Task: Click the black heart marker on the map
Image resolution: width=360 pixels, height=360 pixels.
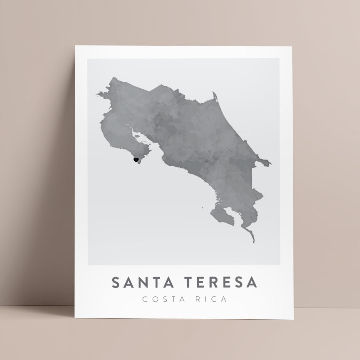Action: click(136, 160)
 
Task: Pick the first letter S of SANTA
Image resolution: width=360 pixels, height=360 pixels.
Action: click(116, 282)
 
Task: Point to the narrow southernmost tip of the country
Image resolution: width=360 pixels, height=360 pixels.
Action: click(253, 242)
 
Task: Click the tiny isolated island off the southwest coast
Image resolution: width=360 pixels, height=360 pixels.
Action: click(203, 208)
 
